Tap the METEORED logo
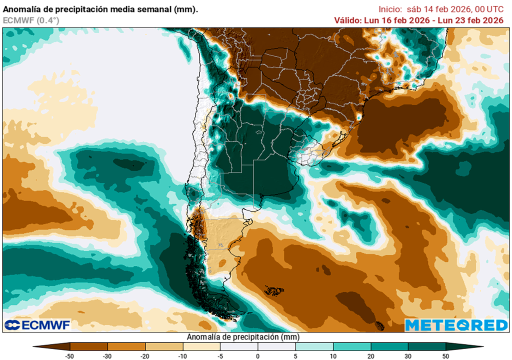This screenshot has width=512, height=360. coord(456,325)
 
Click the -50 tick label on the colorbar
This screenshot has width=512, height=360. coord(70,355)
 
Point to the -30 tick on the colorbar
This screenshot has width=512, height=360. coord(107,355)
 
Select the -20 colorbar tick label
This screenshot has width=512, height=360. coord(145,355)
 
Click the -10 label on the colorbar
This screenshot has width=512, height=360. coord(182,355)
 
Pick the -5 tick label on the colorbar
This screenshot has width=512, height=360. coord(220,355)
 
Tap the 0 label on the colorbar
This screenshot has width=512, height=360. coord(258,355)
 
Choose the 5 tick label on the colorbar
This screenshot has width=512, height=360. coord(295,355)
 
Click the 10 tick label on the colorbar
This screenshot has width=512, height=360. coord(333,355)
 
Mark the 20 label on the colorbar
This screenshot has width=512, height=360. coord(370,355)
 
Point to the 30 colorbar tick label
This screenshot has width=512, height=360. coord(408,355)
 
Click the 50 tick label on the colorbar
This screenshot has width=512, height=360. coord(445,355)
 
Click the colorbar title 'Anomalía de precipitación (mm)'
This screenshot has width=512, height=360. coord(257,337)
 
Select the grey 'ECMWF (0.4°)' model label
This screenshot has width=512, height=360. coord(31,20)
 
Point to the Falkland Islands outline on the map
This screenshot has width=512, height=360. coord(274,290)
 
